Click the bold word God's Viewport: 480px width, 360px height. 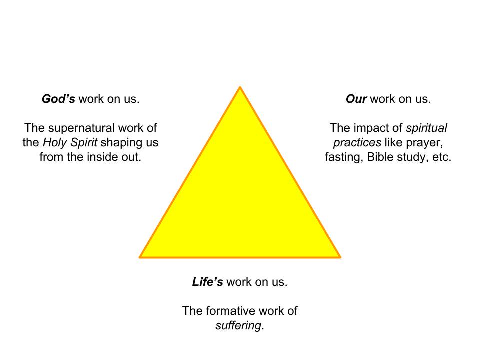pos(58,99)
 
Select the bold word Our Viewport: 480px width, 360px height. pos(356,99)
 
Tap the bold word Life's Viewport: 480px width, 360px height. pos(207,282)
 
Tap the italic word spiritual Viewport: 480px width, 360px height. pos(426,128)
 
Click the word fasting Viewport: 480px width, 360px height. pos(342,157)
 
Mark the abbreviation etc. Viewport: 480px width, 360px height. pos(441,157)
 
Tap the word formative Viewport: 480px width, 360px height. pos(229,311)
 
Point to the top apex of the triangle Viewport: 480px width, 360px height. pos(240,87)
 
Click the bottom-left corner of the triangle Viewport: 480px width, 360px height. pos(140,257)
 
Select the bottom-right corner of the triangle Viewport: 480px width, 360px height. pos(340,257)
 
